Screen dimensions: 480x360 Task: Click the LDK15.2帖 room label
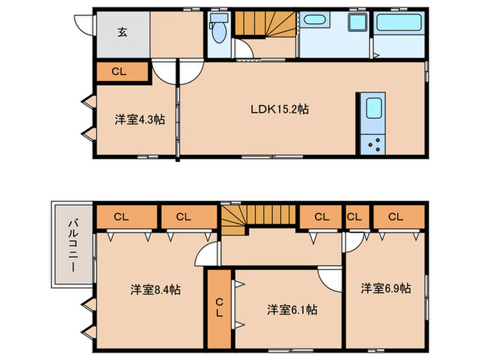280,109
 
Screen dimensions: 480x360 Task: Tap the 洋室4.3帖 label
140,119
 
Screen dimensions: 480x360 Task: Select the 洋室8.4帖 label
156,289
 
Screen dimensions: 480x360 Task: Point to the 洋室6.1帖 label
292,310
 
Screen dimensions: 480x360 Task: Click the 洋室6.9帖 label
385,288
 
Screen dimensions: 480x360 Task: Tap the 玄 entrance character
123,32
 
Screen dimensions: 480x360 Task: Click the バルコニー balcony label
73,245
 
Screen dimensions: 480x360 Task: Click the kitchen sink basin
374,108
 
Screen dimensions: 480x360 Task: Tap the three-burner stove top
373,145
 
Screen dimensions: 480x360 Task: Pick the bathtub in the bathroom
399,22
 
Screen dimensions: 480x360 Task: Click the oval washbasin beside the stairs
314,20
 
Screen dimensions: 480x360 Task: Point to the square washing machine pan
358,22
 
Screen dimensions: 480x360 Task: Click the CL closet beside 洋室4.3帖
123,71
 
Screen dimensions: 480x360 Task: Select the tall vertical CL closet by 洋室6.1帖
219,309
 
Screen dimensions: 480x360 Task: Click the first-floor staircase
265,23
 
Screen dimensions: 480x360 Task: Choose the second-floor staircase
258,216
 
